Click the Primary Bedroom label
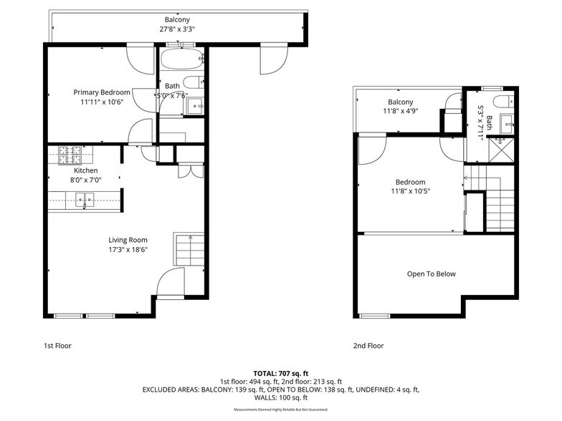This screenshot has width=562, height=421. click(x=102, y=92)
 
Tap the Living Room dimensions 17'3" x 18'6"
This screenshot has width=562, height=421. click(x=128, y=250)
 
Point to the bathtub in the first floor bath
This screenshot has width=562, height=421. click(x=181, y=59)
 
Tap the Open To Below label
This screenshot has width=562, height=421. click(x=431, y=274)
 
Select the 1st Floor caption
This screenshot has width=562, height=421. click(x=57, y=346)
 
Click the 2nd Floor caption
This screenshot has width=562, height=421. click(x=368, y=346)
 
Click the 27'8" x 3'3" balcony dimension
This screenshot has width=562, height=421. click(x=177, y=29)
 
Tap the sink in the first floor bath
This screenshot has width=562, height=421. click(x=194, y=106)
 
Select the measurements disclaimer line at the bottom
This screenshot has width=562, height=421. click(x=281, y=410)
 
